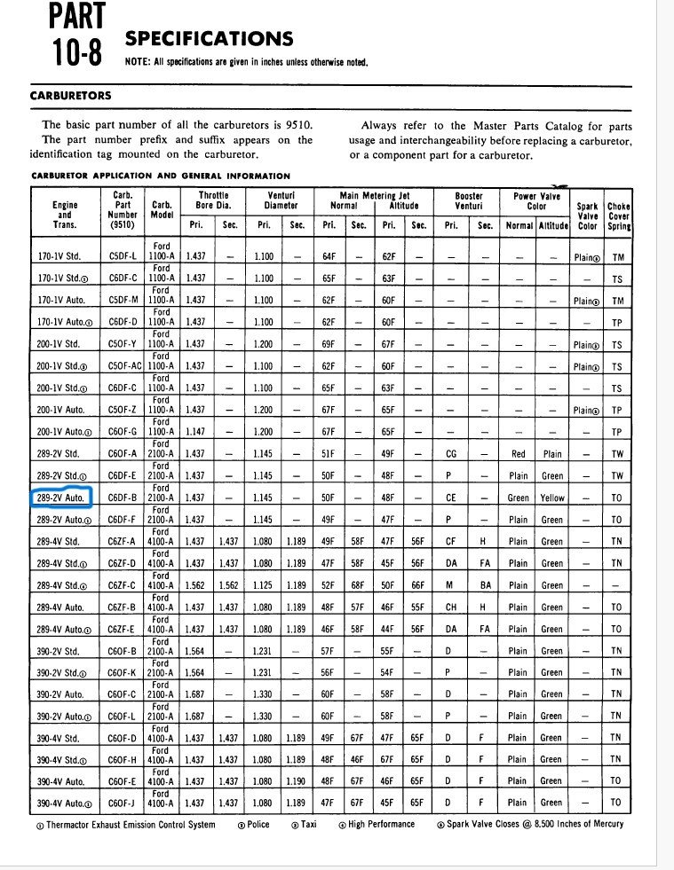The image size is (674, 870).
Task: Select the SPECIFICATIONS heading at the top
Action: point(209,38)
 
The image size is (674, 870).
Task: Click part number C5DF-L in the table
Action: point(123,257)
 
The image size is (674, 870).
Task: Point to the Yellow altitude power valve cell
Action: point(552,498)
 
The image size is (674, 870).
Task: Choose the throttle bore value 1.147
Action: point(195,432)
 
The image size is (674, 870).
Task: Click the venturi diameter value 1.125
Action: point(264,585)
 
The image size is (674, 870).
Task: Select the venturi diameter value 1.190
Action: point(296,781)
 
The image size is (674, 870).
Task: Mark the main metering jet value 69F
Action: point(329,345)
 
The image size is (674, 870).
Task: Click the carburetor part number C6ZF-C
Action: point(123,585)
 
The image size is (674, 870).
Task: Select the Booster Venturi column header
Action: point(468,200)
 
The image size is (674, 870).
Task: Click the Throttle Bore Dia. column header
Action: point(212,200)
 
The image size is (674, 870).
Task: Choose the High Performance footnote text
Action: point(382,824)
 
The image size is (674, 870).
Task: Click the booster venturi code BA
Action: point(485,585)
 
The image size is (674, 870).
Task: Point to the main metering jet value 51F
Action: point(329,454)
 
